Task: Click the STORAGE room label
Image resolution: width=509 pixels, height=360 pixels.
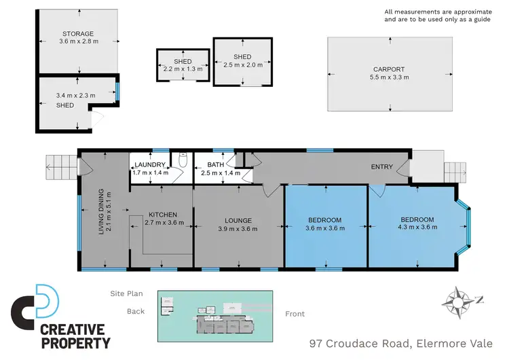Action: (78, 33)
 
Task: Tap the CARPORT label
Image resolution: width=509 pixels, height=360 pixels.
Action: (389, 69)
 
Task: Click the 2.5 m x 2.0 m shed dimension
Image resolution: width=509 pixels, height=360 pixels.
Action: (242, 65)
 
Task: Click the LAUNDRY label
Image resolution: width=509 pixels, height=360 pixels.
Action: (150, 165)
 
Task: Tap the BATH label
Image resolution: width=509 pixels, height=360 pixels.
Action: (216, 165)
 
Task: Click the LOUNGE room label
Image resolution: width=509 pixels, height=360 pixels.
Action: (238, 220)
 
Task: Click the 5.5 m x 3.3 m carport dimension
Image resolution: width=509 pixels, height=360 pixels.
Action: (389, 77)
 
